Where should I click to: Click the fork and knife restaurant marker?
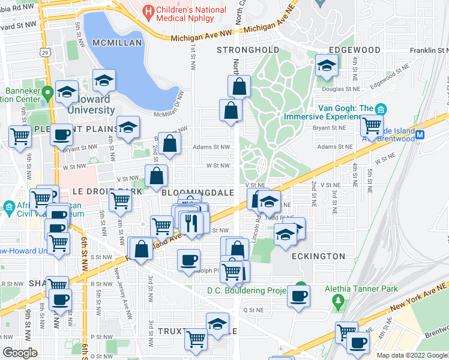point(191,223)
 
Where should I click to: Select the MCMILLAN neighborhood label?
point(117,43)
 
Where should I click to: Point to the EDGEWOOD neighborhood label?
point(355,49)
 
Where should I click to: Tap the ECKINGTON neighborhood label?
point(320,256)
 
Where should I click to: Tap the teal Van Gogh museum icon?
point(381,110)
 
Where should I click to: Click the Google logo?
point(20,353)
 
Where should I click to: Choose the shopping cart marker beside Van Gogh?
point(372,125)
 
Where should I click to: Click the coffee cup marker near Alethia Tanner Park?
point(298,295)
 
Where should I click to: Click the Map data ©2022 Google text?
point(412,355)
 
